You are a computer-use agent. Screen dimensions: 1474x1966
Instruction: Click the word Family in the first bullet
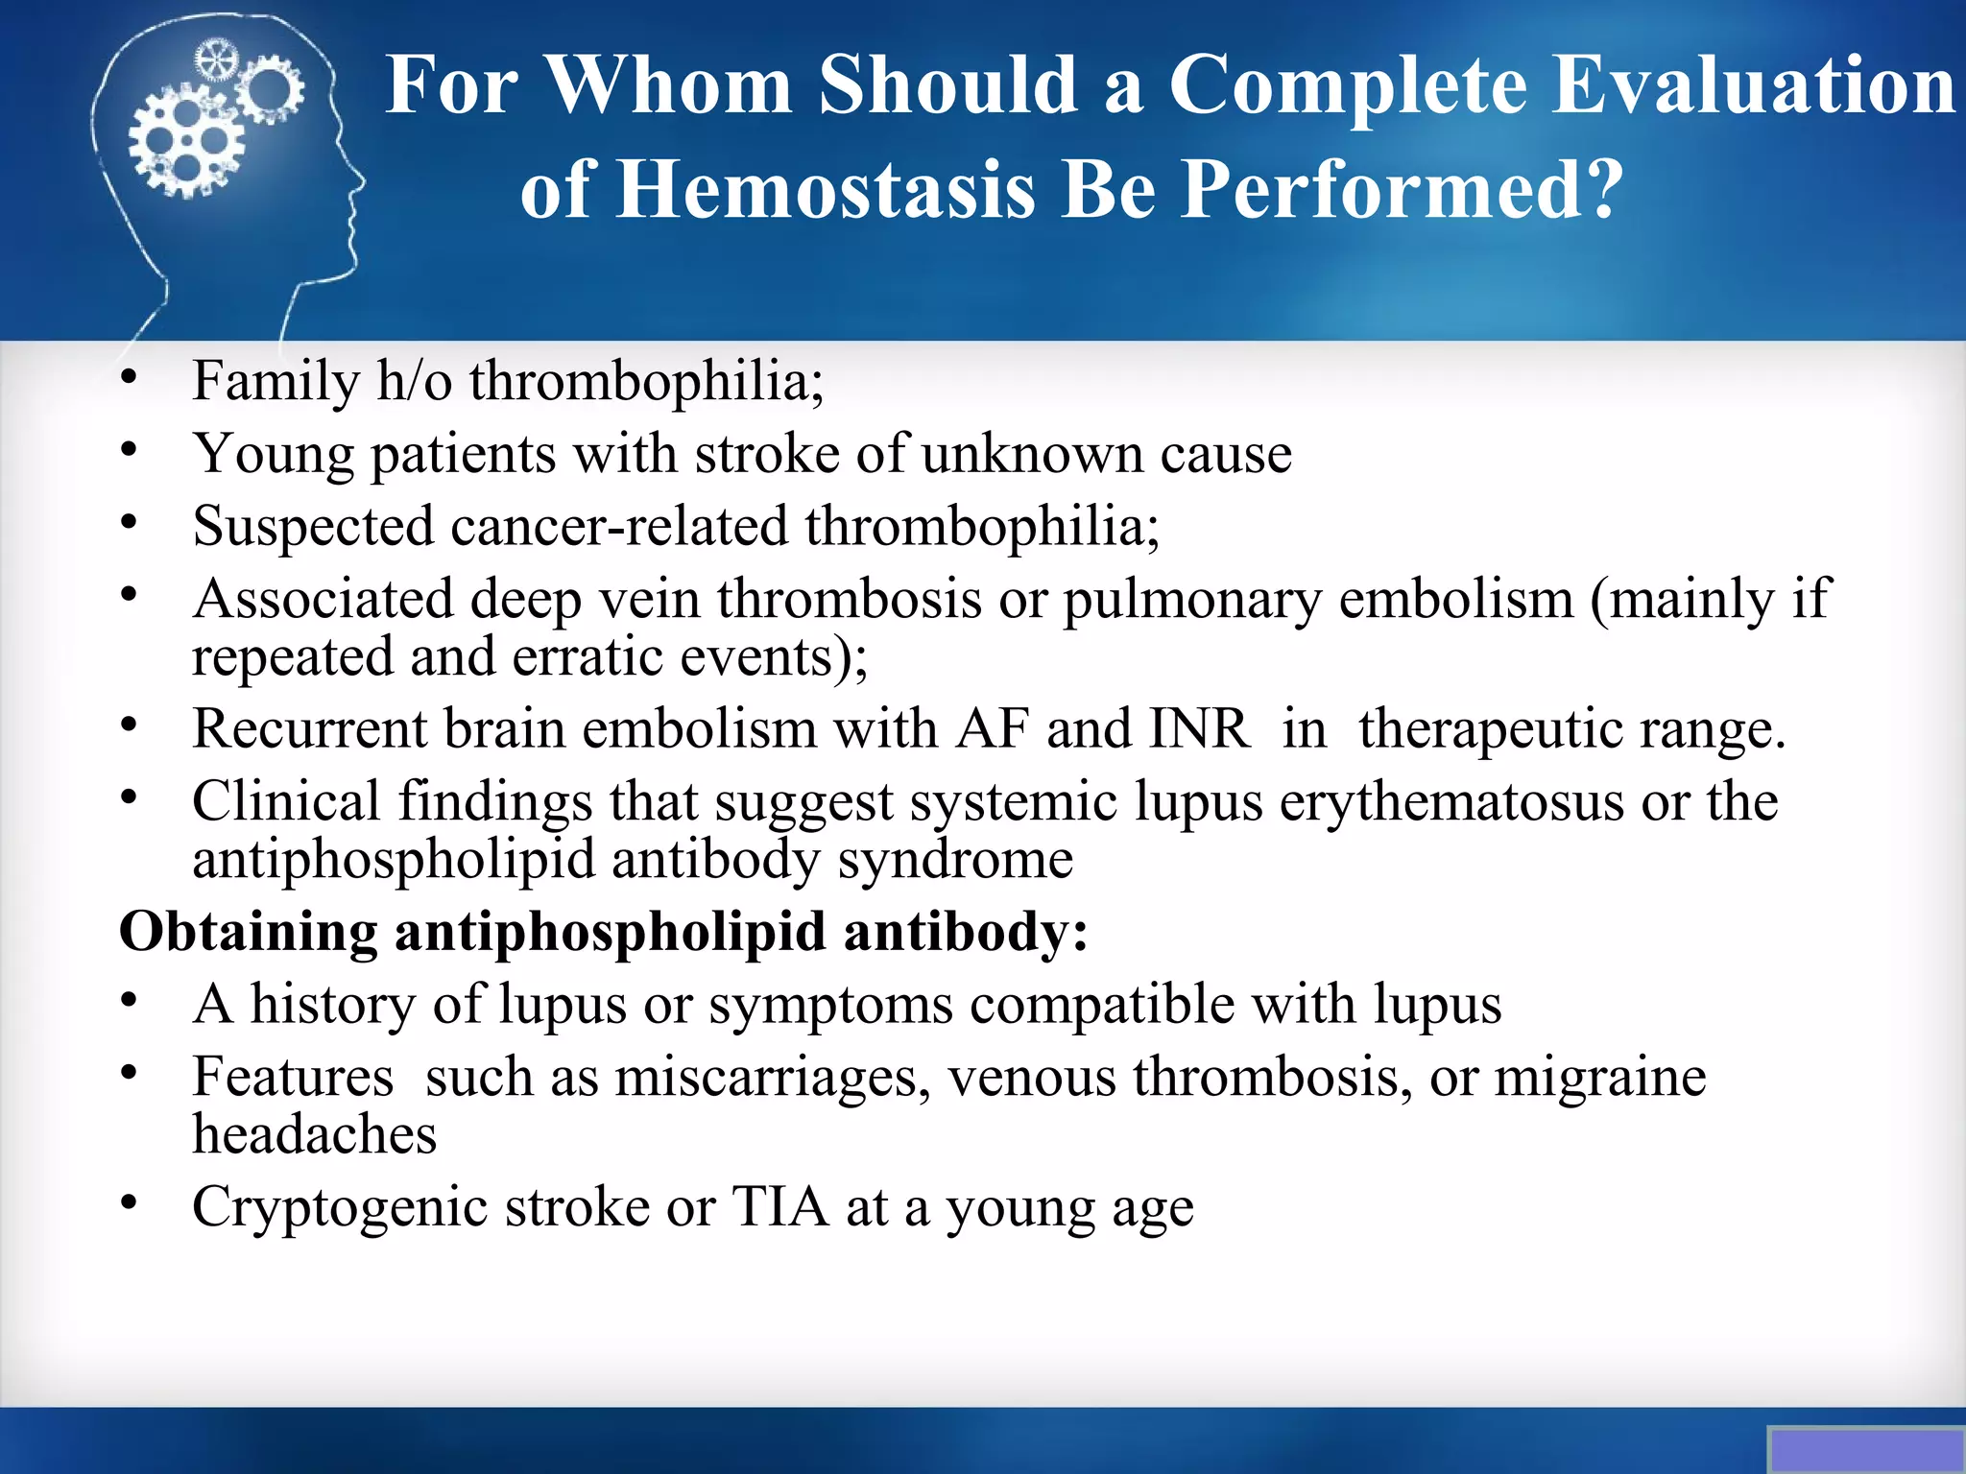pyautogui.click(x=276, y=381)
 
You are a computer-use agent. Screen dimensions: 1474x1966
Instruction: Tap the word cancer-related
pyautogui.click(x=619, y=527)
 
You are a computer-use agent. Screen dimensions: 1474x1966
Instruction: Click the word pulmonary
pyautogui.click(x=1192, y=600)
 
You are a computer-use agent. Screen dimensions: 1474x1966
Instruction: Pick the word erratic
pyautogui.click(x=587, y=657)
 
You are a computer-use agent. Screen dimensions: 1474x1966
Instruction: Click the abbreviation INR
pyautogui.click(x=1199, y=728)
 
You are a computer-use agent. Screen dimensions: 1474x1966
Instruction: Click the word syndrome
pyautogui.click(x=955, y=860)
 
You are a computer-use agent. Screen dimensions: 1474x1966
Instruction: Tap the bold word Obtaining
pyautogui.click(x=249, y=933)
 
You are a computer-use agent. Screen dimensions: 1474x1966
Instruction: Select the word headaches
pyautogui.click(x=314, y=1135)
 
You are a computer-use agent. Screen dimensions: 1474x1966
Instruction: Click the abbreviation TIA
pyautogui.click(x=780, y=1207)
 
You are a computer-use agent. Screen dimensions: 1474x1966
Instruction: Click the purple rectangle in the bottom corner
pyautogui.click(x=1865, y=1450)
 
